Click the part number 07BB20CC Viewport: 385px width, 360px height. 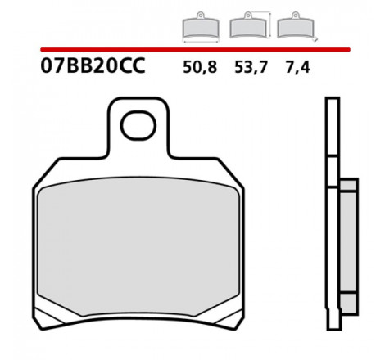93,65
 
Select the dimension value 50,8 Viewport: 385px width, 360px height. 200,67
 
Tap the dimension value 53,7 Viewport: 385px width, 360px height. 251,67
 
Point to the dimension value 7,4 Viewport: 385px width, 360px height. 297,67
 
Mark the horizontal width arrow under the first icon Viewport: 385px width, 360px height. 201,42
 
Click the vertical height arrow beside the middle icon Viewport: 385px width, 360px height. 269,25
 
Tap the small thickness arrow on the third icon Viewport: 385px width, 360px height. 315,39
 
